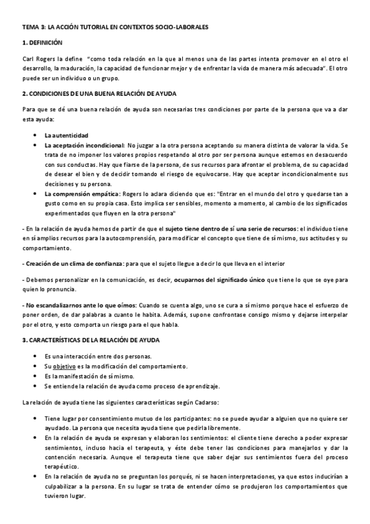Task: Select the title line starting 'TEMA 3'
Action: click(116, 28)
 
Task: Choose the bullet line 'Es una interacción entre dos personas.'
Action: click(98, 357)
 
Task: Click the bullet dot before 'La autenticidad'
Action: click(35, 135)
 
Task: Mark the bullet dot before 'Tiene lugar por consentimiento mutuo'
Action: click(35, 419)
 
